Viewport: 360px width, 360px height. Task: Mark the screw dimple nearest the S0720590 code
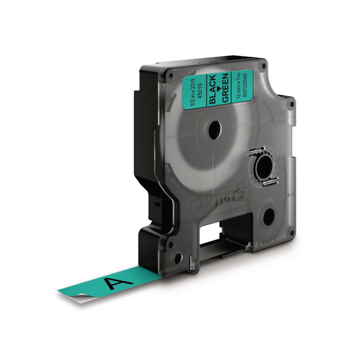point(263,64)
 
